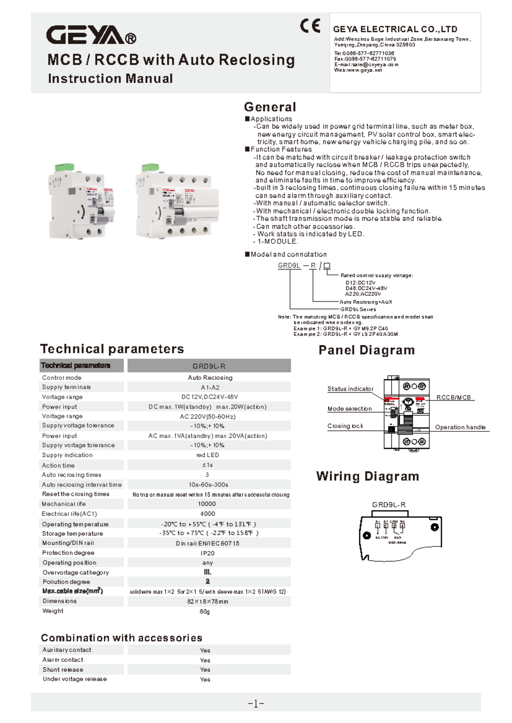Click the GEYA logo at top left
pos(90,35)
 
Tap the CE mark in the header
pos(310,26)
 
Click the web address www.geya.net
pos(358,70)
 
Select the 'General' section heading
pos(270,107)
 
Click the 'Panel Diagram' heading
pos(366,350)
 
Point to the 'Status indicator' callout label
pos(350,389)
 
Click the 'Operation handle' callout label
pos(460,427)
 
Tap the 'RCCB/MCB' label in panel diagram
pos(454,397)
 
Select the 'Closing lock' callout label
pos(345,426)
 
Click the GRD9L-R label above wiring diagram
pos(388,505)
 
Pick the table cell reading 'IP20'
pos(207,553)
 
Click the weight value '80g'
pos(204,611)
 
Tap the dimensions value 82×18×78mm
pos(207,602)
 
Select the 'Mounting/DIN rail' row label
pos(68,543)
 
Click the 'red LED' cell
pos(207,455)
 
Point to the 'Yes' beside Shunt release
pos(205,670)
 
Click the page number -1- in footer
pos(256,704)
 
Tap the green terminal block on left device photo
pos(64,167)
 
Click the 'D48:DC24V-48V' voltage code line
pos(366,288)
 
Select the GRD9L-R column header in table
pos(209,366)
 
